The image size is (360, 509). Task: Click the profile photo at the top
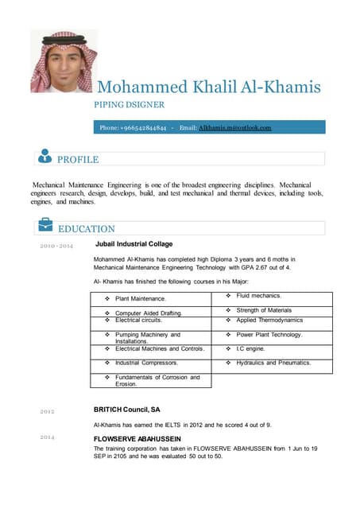(64, 61)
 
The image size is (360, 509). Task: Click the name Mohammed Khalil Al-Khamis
(208, 87)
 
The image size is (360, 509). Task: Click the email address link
(235, 127)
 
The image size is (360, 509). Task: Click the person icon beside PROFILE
(45, 157)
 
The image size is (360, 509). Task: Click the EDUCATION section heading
(87, 229)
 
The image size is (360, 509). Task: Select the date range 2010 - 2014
(56, 246)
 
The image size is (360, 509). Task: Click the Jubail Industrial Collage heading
(134, 244)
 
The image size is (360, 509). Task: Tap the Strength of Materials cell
(269, 309)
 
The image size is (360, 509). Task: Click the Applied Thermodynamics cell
(269, 320)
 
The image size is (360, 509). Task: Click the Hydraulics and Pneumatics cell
(273, 363)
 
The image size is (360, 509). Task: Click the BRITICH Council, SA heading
(126, 409)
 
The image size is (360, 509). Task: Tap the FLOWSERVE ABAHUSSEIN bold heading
(137, 439)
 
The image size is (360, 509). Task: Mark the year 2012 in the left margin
(47, 412)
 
